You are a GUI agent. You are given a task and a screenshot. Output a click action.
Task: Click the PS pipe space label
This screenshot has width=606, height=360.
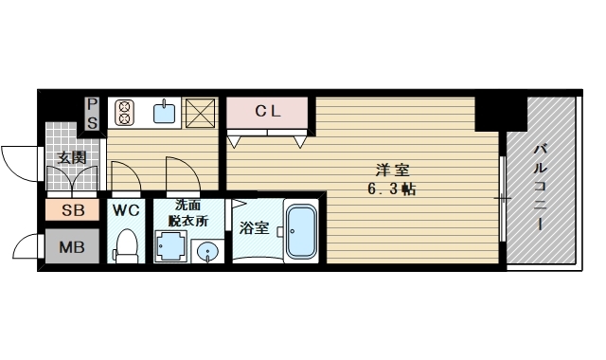[92, 114]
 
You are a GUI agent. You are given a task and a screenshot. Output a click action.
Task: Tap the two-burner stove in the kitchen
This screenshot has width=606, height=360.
[125, 113]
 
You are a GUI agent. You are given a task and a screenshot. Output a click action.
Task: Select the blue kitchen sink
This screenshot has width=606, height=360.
[164, 112]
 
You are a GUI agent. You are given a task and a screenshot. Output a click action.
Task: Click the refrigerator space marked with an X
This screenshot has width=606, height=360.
[200, 113]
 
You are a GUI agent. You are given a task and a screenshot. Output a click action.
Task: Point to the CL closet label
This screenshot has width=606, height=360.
[267, 112]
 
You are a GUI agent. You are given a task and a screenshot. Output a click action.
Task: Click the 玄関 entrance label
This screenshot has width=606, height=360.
[72, 157]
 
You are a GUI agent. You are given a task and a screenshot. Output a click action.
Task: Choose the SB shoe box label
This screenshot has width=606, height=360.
[73, 210]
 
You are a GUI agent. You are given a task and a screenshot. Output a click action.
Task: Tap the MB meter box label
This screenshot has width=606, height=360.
[72, 247]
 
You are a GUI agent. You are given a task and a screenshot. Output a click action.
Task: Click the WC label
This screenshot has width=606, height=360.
[126, 210]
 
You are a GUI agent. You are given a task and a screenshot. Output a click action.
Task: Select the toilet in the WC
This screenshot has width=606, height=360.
[126, 246]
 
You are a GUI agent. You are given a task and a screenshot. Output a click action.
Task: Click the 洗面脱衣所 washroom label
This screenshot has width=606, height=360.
[188, 213]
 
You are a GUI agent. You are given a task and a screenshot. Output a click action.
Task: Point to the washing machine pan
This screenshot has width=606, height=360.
[170, 246]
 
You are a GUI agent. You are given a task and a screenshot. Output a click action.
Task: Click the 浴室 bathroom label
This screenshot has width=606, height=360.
[254, 227]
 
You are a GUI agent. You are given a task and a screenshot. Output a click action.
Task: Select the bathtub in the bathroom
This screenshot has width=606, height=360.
[301, 231]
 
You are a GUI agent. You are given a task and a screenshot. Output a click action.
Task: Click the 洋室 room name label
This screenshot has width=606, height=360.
[392, 171]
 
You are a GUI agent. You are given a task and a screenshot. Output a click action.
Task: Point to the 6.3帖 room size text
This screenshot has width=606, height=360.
[391, 189]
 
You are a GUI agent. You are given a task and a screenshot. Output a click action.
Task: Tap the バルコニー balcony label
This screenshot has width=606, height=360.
[541, 188]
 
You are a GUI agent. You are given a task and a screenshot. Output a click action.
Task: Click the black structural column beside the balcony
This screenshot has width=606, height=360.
[501, 114]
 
